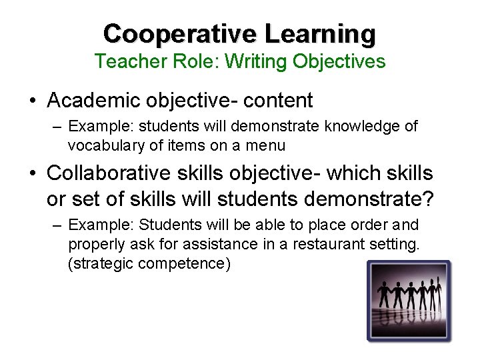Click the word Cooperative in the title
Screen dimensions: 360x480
click(x=181, y=33)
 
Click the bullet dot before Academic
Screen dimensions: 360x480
click(x=32, y=101)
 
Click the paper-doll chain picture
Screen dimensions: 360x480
click(x=409, y=301)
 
